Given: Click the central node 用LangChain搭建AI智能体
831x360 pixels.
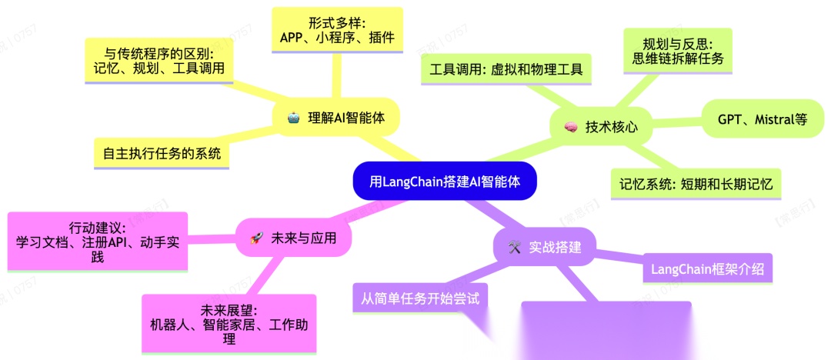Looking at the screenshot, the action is (x=444, y=182).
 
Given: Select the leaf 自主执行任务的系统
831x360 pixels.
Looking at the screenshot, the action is (x=161, y=153).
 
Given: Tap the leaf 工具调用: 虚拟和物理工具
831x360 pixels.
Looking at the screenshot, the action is (x=506, y=69).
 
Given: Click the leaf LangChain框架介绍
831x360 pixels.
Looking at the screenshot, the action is (x=708, y=269).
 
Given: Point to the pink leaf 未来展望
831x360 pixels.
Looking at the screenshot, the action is (x=229, y=324).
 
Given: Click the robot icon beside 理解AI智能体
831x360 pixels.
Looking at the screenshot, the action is (x=293, y=118).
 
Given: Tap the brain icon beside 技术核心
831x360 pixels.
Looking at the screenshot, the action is (x=570, y=128).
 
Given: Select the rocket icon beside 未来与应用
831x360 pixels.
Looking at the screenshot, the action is (x=257, y=239).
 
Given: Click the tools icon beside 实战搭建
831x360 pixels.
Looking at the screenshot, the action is (x=515, y=248).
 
